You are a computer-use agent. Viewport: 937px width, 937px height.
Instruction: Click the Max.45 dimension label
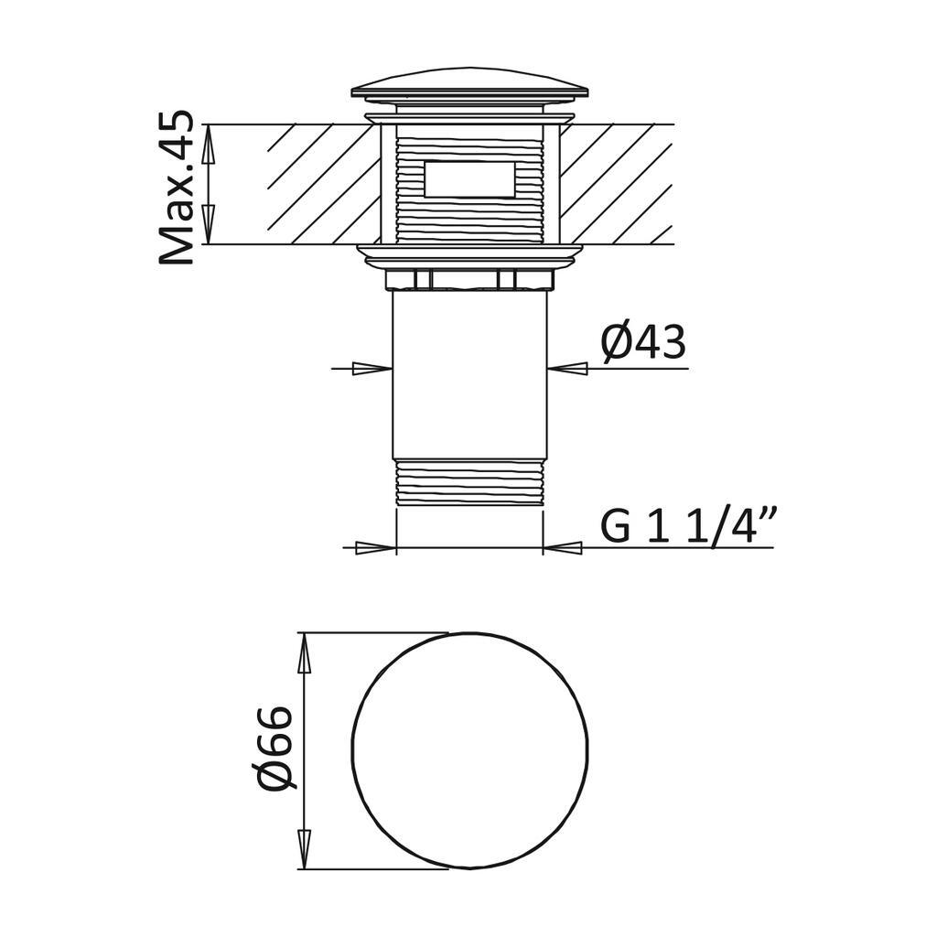tap(176, 188)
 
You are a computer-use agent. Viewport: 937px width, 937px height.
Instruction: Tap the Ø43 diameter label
tap(642, 343)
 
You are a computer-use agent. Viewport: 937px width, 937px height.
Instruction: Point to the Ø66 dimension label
tap(275, 748)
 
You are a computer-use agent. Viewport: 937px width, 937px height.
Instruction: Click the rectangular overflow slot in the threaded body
tap(469, 179)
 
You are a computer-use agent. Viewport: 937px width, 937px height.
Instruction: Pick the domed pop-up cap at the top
tap(469, 85)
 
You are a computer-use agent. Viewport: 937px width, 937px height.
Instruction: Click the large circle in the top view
tap(469, 750)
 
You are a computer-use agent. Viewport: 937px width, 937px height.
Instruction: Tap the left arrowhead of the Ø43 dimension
tap(372, 369)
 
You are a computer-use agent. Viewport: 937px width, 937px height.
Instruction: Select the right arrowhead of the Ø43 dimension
tap(567, 369)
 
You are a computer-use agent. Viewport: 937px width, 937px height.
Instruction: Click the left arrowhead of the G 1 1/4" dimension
tap(375, 548)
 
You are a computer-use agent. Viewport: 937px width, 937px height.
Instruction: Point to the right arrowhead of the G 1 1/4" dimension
tap(564, 548)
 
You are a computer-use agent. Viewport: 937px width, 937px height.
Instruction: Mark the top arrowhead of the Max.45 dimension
tap(208, 143)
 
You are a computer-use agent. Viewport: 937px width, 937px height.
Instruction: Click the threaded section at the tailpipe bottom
tap(469, 482)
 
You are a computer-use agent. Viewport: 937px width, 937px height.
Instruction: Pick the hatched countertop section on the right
tap(613, 184)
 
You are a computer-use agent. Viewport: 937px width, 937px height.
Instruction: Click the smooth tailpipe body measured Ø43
tap(469, 375)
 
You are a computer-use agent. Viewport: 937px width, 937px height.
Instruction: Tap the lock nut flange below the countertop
tap(469, 255)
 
